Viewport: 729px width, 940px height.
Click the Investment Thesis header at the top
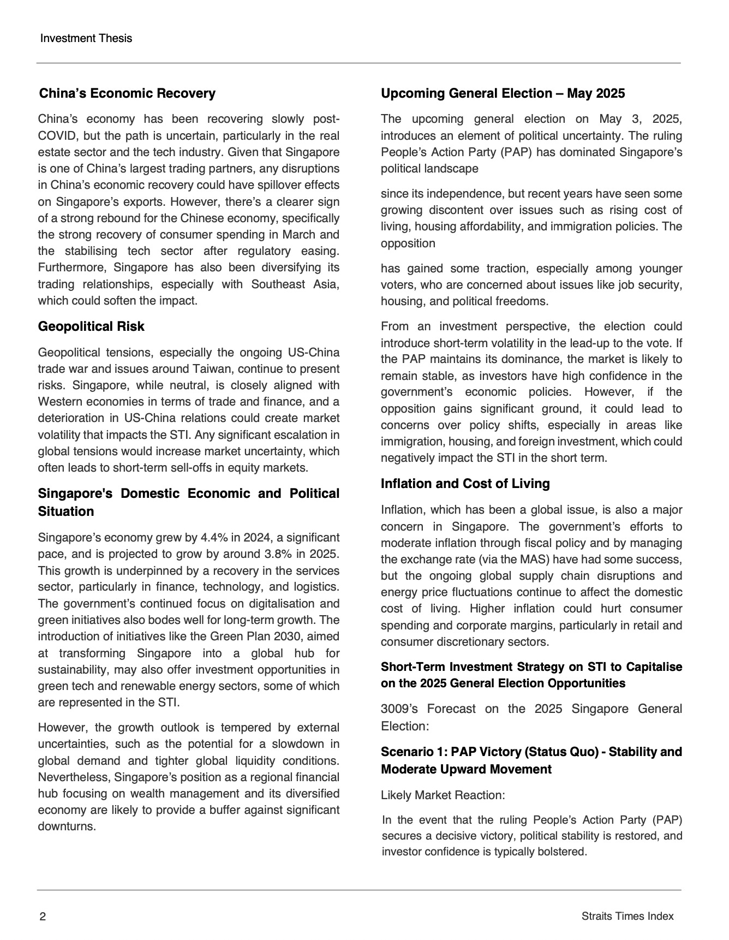pyautogui.click(x=86, y=38)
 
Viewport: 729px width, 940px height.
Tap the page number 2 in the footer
pyautogui.click(x=43, y=917)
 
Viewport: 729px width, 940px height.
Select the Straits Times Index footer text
pyautogui.click(x=628, y=917)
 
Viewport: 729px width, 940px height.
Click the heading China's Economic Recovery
pyautogui.click(x=127, y=93)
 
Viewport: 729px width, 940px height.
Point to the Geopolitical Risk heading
pyautogui.click(x=91, y=326)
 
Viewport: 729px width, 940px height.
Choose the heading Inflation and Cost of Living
pyautogui.click(x=465, y=484)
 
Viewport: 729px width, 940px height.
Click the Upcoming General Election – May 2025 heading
pyautogui.click(x=503, y=93)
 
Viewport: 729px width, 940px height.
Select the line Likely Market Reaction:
pyautogui.click(x=443, y=795)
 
